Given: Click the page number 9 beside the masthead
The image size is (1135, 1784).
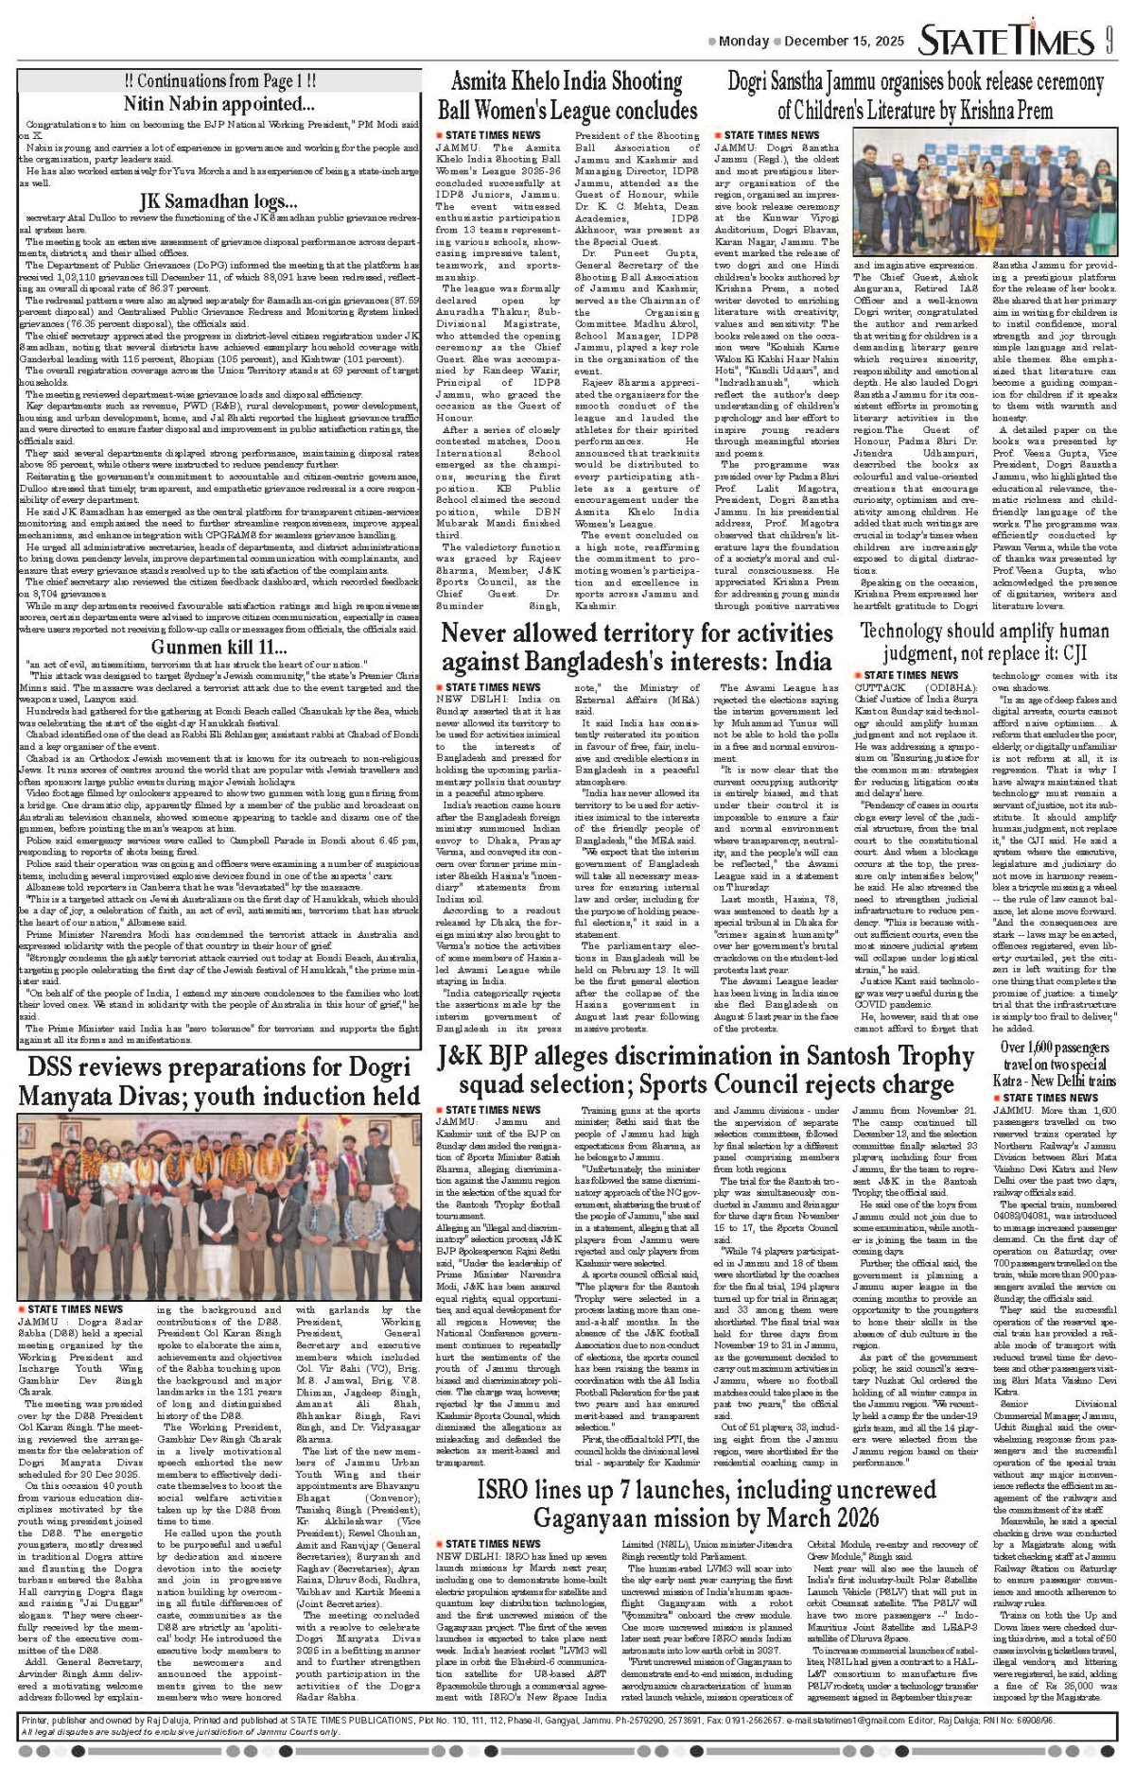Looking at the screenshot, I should coord(1107,42).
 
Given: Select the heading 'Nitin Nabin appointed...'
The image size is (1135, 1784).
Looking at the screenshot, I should coord(218,103).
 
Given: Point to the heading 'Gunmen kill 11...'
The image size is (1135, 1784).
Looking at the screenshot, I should coord(218,647).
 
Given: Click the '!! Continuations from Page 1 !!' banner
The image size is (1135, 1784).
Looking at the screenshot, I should coord(219,81).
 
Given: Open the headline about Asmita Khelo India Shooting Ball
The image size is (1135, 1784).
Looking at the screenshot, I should coord(567,95).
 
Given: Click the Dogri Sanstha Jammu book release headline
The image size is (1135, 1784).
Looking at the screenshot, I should coord(915,95).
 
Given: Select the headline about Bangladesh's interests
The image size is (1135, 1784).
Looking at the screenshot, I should coord(637,647).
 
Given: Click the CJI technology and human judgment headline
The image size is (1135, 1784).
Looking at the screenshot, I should coord(984,642).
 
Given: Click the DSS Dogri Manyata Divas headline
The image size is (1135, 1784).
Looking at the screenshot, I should coord(218,1082).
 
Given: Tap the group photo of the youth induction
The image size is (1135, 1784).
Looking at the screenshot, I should coord(218,1204).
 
